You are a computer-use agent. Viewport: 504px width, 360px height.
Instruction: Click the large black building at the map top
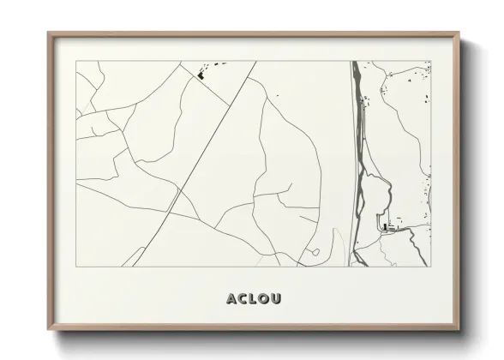pos(202,75)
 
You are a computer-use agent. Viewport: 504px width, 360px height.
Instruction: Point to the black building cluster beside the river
pos(388,228)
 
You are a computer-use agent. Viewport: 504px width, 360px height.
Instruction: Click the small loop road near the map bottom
pos(314,253)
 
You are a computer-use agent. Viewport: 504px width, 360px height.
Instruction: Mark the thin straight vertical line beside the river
pos(349,163)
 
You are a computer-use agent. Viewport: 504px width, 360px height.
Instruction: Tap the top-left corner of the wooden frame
pos(49,33)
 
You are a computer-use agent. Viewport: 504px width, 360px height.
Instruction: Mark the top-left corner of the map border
pos(76,62)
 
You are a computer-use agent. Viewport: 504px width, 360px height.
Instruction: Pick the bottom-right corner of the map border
pos(430,267)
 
